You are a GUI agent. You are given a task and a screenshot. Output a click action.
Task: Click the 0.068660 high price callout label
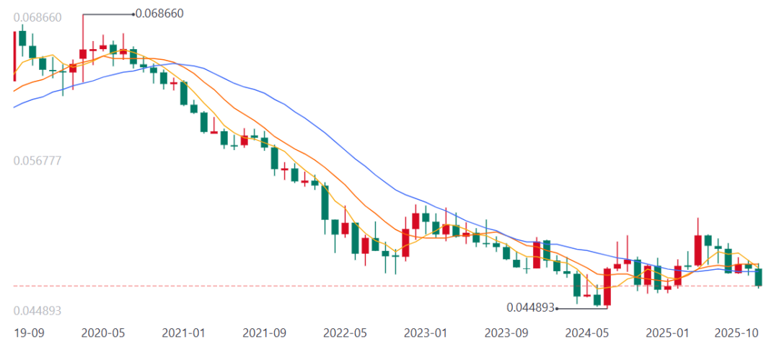[x=159, y=13]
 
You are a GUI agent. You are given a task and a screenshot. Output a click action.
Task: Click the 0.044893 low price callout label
[x=531, y=307]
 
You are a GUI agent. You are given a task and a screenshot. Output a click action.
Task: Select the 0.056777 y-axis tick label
[x=38, y=160]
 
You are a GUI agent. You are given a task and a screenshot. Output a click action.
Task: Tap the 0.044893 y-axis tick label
[x=38, y=310]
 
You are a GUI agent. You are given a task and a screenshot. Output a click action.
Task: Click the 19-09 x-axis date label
[x=29, y=333]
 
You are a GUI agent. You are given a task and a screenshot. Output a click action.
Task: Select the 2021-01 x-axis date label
[x=184, y=333]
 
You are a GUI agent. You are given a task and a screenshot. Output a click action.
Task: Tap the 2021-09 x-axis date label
[x=265, y=333]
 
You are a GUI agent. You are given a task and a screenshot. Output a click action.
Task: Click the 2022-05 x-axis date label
[x=346, y=333]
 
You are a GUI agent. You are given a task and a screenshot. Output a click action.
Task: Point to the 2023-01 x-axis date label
[x=426, y=333]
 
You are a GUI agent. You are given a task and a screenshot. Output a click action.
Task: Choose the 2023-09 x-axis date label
[x=506, y=333]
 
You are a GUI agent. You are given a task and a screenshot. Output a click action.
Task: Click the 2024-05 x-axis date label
[x=587, y=333]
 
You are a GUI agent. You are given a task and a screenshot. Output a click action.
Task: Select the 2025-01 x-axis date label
[x=668, y=333]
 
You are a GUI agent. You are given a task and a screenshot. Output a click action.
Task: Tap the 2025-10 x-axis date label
[x=736, y=333]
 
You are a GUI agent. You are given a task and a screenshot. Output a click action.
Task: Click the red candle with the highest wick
[x=83, y=53]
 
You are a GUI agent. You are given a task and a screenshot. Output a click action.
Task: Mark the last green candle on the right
[x=759, y=277]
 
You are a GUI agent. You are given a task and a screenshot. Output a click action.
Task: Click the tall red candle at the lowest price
[x=607, y=287]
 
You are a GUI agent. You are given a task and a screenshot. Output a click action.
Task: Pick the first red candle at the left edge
[x=14, y=56]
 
